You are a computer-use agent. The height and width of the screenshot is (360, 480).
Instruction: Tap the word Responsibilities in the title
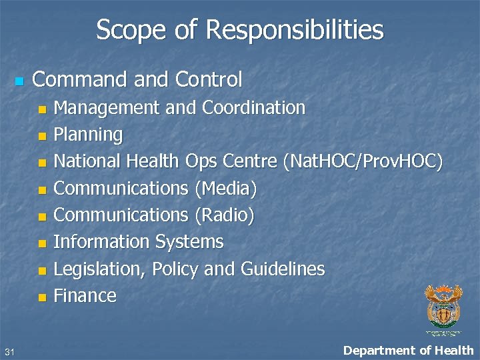pyautogui.click(x=295, y=30)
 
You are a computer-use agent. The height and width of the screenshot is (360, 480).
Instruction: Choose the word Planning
pyautogui.click(x=88, y=135)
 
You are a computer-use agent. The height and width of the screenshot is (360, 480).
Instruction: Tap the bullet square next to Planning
pyautogui.click(x=42, y=136)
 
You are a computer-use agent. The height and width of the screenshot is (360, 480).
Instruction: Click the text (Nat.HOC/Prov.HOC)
pyautogui.click(x=363, y=161)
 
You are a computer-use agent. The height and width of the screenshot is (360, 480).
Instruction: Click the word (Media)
pyautogui.click(x=225, y=189)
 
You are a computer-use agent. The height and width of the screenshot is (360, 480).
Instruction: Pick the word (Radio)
pyautogui.click(x=224, y=215)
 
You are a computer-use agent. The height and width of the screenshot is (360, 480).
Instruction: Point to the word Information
pyautogui.click(x=101, y=241)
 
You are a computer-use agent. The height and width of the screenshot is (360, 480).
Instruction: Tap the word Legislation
pyautogui.click(x=99, y=269)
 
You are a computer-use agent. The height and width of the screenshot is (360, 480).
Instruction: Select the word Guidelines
pyautogui.click(x=283, y=269)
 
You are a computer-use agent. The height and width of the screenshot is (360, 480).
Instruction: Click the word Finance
pyautogui.click(x=85, y=295)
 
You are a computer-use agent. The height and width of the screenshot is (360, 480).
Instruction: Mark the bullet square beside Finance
pyautogui.click(x=42, y=297)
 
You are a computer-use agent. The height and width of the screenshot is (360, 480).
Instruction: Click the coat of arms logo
pyautogui.click(x=443, y=307)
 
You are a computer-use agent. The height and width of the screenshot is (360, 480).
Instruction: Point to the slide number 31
pyautogui.click(x=9, y=351)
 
